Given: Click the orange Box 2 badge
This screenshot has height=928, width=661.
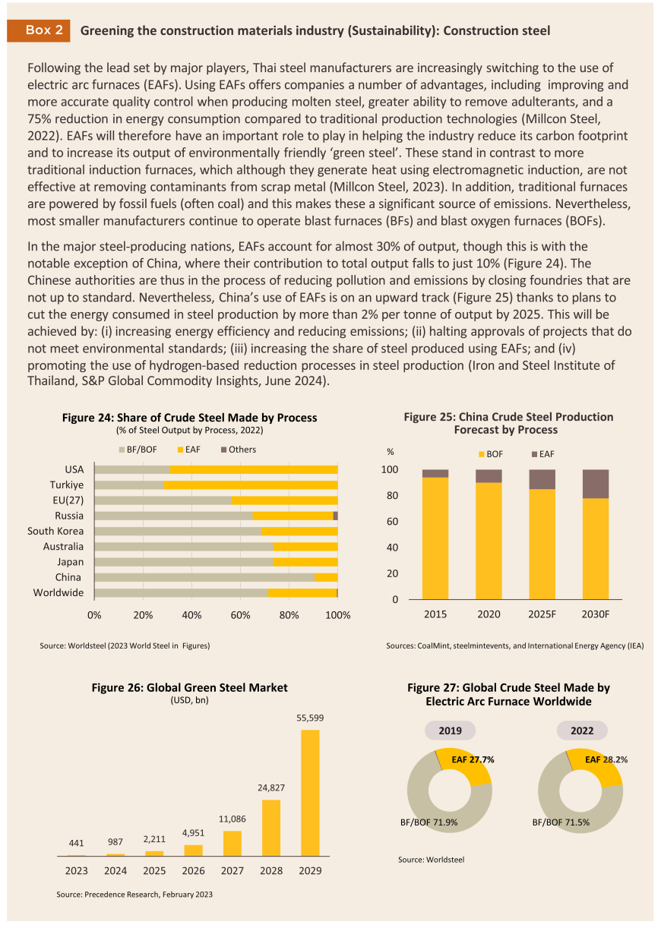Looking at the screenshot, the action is click(38, 30).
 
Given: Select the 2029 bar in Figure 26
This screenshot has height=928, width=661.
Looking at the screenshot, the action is click(310, 793).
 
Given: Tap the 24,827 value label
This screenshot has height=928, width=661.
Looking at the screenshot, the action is click(271, 788).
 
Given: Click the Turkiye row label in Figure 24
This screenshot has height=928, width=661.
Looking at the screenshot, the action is click(67, 485).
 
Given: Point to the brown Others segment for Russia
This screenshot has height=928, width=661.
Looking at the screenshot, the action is click(335, 516).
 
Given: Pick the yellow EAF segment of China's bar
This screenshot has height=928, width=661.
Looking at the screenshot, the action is click(326, 577).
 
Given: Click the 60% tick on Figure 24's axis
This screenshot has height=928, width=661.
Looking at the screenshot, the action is click(240, 615).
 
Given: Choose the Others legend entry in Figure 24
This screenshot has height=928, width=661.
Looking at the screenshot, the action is click(239, 450).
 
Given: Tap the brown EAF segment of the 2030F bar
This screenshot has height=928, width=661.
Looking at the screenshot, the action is click(596, 484).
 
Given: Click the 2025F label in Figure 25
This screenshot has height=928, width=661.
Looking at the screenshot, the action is click(542, 614).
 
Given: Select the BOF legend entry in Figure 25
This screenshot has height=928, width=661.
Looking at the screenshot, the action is click(491, 454).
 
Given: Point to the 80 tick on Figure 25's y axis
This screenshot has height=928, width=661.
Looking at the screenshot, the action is click(392, 495).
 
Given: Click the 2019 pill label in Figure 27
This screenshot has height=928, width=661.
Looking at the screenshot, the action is click(450, 731).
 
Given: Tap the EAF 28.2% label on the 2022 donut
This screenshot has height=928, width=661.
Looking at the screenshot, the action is click(606, 759).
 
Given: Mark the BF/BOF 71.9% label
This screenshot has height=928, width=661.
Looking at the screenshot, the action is click(429, 822).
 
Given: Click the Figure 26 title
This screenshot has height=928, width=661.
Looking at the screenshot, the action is click(189, 688).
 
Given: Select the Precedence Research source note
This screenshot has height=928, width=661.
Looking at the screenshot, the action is click(134, 895).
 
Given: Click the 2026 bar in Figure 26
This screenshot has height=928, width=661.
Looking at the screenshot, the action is click(193, 850).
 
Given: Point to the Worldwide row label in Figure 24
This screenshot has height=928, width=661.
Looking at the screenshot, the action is click(59, 593).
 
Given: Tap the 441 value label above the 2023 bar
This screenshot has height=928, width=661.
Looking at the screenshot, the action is click(76, 843).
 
